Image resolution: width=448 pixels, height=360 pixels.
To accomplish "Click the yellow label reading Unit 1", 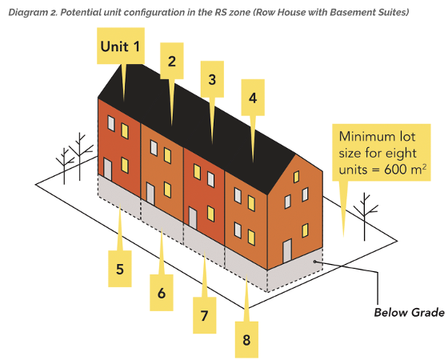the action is click(121, 46).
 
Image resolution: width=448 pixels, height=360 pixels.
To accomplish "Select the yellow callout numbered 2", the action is click(171, 61).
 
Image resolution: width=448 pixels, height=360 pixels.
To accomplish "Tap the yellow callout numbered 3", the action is click(212, 79).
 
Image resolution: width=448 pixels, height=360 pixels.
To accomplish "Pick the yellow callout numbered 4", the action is click(253, 98).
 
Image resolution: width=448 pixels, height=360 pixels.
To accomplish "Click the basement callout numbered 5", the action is click(120, 269).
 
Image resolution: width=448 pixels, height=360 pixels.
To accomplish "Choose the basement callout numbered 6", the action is click(162, 293).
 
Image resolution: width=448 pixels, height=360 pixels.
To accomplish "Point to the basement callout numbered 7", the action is click(204, 315).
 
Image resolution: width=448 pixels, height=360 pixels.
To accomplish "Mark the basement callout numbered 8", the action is click(246, 340).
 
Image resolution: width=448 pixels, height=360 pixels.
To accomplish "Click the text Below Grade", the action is click(409, 312).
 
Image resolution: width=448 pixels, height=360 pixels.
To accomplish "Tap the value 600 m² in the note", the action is click(405, 170).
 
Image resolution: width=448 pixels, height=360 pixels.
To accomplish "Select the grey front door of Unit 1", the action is click(107, 170).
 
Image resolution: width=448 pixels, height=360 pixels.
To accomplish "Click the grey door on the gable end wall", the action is click(287, 251).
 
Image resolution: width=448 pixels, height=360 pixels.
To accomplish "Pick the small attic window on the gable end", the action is click(296, 177).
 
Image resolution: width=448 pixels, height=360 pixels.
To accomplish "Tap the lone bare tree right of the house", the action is click(365, 216).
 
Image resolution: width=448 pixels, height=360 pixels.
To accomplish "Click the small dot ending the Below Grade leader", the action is click(314, 262).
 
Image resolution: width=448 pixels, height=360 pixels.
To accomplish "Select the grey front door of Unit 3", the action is click(193, 218).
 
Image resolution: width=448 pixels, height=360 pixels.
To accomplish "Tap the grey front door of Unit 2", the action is click(150, 194).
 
